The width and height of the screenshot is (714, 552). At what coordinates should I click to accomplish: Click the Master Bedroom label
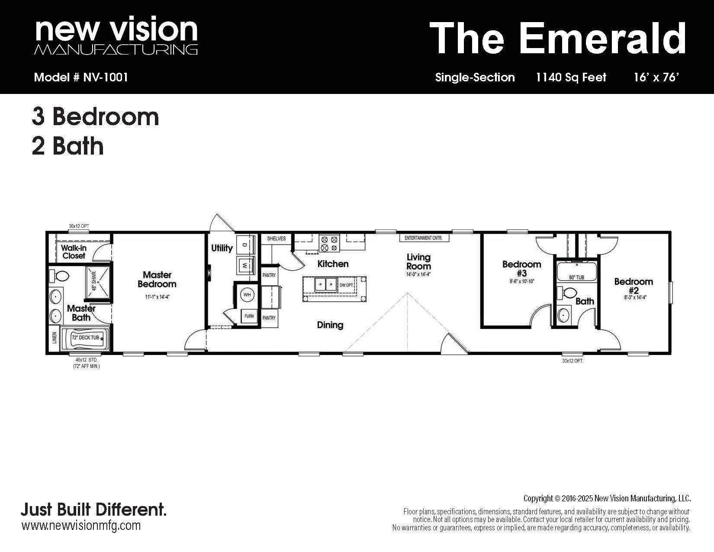pyautogui.click(x=157, y=279)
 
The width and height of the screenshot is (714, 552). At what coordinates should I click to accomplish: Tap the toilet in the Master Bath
pyautogui.click(x=59, y=276)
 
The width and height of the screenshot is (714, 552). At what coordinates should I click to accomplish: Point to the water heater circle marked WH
pyautogui.click(x=247, y=294)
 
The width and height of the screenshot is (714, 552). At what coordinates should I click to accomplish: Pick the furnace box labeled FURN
pyautogui.click(x=249, y=316)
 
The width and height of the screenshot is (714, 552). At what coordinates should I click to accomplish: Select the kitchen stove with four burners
pyautogui.click(x=330, y=243)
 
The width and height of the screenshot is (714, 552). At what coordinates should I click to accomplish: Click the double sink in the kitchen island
pyautogui.click(x=325, y=285)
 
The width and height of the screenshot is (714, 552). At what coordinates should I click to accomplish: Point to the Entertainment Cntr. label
pyautogui.click(x=423, y=238)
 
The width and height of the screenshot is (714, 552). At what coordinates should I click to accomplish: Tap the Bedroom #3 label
pyautogui.click(x=521, y=268)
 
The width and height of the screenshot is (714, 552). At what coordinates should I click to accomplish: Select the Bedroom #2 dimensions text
pyautogui.click(x=635, y=297)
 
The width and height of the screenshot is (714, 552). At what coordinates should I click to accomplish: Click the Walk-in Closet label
pyautogui.click(x=74, y=252)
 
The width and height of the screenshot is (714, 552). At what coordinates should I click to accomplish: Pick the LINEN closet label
pyautogui.click(x=55, y=338)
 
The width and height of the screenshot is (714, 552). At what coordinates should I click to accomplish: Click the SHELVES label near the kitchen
pyautogui.click(x=277, y=239)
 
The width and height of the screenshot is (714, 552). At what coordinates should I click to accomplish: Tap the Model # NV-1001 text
pyautogui.click(x=81, y=77)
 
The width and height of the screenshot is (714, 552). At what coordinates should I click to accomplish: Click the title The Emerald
pyautogui.click(x=558, y=38)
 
